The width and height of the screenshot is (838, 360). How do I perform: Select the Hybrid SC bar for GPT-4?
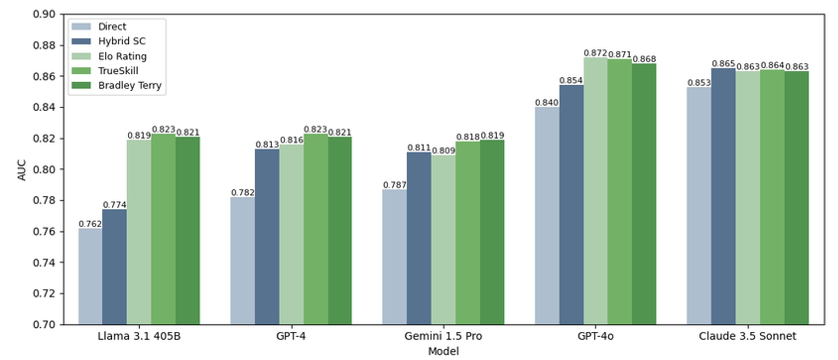267,237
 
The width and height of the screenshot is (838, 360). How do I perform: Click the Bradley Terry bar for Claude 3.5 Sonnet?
796,197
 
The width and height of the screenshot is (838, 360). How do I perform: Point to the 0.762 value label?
90,224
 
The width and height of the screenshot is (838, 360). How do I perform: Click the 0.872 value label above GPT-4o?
595,53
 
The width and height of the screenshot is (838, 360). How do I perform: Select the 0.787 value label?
395,185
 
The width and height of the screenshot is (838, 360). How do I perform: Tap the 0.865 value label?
723,63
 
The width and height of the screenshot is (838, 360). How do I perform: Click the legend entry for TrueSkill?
118,71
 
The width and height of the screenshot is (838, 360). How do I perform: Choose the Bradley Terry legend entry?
129,85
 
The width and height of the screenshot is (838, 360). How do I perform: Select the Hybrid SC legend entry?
122,41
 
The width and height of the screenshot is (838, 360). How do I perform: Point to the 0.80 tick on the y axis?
44,169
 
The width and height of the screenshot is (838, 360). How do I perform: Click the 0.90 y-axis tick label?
44,14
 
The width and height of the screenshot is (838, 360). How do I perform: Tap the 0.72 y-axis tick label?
44,294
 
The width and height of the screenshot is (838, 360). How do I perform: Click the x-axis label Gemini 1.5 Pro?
443,336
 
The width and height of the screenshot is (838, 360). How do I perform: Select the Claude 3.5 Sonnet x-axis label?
747,336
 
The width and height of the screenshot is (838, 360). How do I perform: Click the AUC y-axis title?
22,169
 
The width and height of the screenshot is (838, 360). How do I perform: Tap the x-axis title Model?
443,352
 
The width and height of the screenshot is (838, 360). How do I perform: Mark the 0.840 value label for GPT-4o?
547,102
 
